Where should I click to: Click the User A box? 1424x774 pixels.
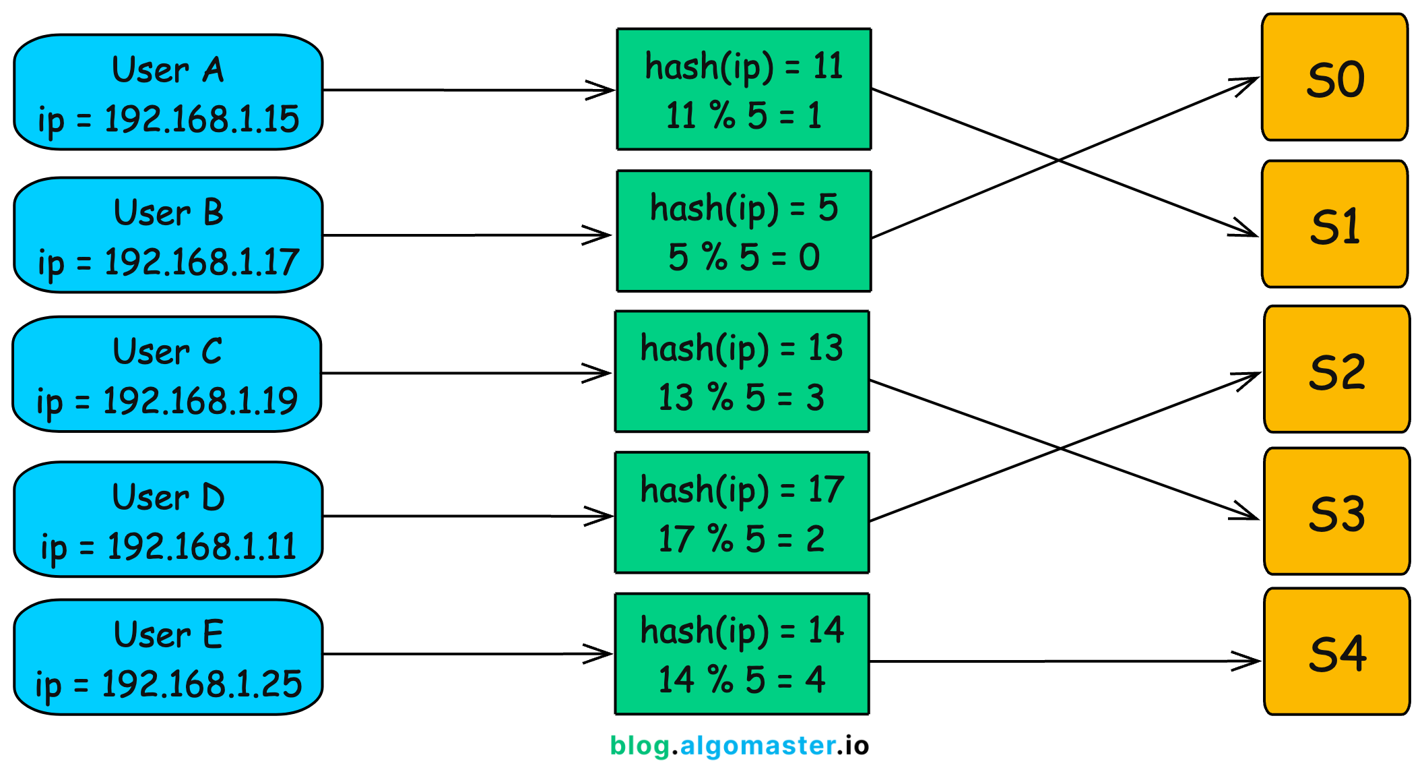pyautogui.click(x=168, y=92)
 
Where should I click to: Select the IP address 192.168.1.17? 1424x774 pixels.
pyautogui.click(x=201, y=262)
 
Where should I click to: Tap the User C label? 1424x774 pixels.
pyautogui.click(x=167, y=352)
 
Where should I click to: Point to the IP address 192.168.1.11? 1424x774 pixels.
pyautogui.click(x=201, y=547)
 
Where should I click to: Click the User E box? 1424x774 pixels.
pyautogui.click(x=168, y=657)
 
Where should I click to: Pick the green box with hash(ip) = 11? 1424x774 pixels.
pyautogui.click(x=744, y=89)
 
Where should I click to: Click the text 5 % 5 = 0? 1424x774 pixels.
pyautogui.click(x=744, y=258)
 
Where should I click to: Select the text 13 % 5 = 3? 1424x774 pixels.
pyautogui.click(x=741, y=398)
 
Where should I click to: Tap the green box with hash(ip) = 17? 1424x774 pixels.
pyautogui.click(x=742, y=512)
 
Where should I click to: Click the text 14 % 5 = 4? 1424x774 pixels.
pyautogui.click(x=741, y=680)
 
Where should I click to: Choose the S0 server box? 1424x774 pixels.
pyautogui.click(x=1334, y=78)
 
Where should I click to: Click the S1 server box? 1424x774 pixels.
pyautogui.click(x=1334, y=225)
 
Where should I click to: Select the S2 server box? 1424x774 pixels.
pyautogui.click(x=1336, y=369)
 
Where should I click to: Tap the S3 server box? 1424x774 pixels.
pyautogui.click(x=1336, y=512)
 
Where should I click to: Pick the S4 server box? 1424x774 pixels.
pyautogui.click(x=1336, y=652)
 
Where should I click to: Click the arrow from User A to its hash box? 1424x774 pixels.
pyautogui.click(x=465, y=90)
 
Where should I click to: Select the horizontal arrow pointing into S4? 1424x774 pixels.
pyautogui.click(x=1064, y=661)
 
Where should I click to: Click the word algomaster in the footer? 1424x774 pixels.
pyautogui.click(x=758, y=746)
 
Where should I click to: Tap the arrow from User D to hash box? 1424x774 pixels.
pyautogui.click(x=465, y=516)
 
